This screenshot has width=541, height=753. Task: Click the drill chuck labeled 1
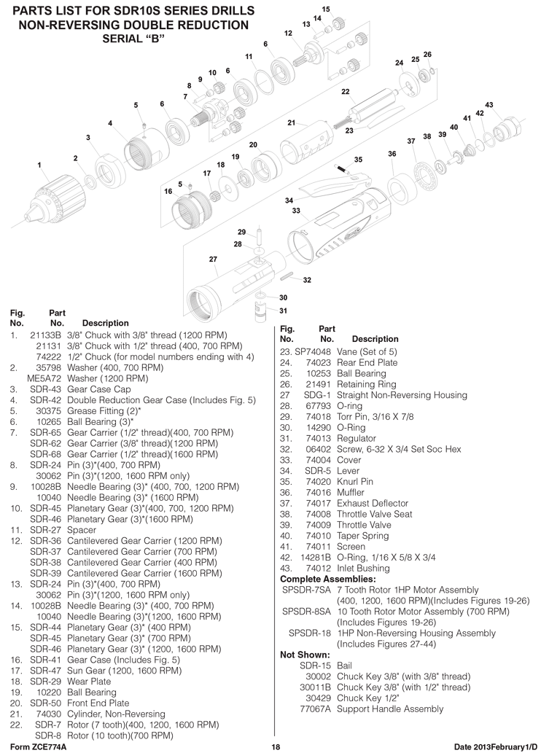pos(57,195)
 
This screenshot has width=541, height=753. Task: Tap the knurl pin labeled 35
pos(343,168)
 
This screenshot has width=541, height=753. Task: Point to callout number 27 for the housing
pos(213,260)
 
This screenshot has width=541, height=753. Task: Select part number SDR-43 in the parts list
pos(45,389)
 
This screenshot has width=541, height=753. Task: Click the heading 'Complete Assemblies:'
pos(327,580)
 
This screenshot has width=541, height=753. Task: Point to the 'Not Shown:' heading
pos(305,655)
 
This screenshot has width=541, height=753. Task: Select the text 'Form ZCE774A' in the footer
pos(38,747)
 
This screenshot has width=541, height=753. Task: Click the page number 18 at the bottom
pos(276,747)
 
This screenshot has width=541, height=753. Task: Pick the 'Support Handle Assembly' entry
pos(390,709)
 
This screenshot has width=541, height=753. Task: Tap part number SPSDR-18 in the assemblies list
pos(309,633)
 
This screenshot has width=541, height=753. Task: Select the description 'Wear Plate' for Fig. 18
pos(89,682)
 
